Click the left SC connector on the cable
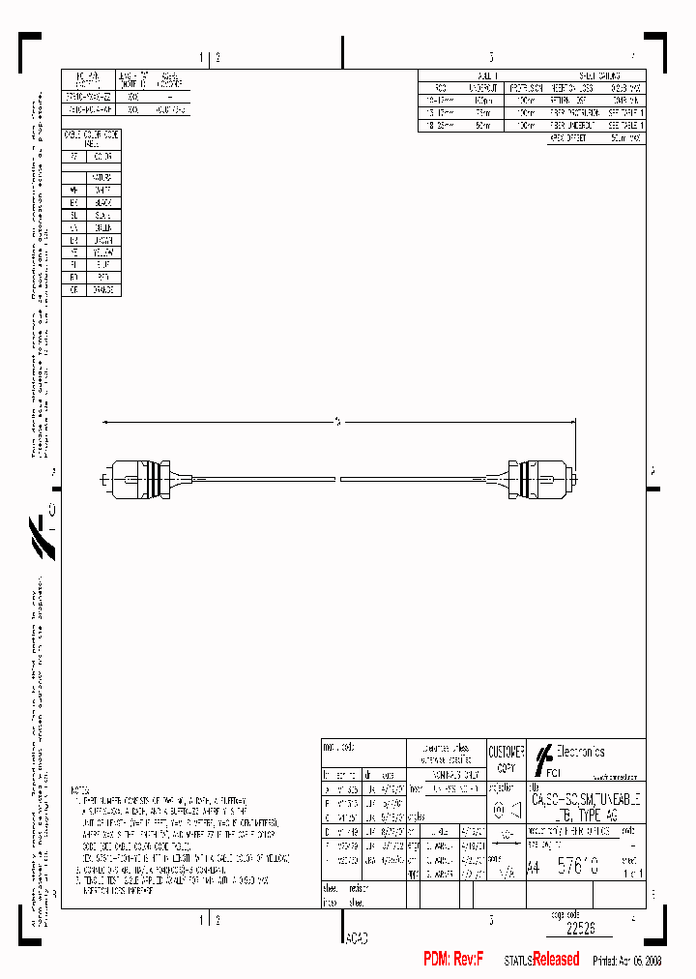pyautogui.click(x=135, y=478)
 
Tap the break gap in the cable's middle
pyautogui.click(x=337, y=479)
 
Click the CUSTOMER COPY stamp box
pyautogui.click(x=505, y=758)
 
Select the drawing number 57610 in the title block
pyautogui.click(x=576, y=868)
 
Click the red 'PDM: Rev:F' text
pyautogui.click(x=452, y=959)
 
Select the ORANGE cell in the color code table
pyautogui.click(x=103, y=289)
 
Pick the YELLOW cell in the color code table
pyautogui.click(x=103, y=252)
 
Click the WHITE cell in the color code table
pyautogui.click(x=103, y=190)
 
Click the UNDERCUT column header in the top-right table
pyautogui.click(x=483, y=88)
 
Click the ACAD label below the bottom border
pyautogui.click(x=356, y=937)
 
